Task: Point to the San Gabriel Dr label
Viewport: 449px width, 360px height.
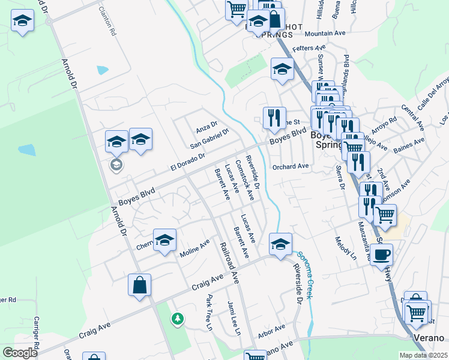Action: click(x=209, y=139)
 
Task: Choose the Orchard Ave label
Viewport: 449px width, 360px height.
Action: click(x=290, y=167)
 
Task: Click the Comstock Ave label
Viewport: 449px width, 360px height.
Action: click(x=245, y=176)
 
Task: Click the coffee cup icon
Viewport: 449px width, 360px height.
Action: click(x=381, y=254)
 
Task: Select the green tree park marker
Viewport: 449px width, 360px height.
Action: click(x=177, y=319)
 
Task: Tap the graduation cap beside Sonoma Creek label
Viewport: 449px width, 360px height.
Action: click(x=280, y=245)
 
